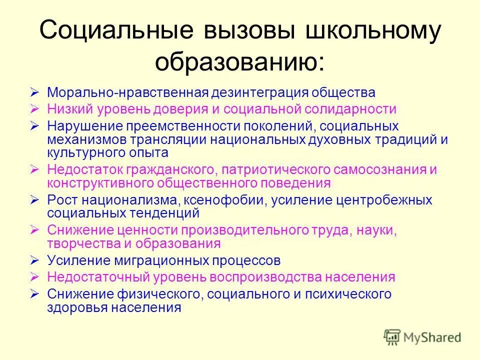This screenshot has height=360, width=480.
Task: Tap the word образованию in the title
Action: [239, 62]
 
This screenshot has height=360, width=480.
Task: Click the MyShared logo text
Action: [431, 337]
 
